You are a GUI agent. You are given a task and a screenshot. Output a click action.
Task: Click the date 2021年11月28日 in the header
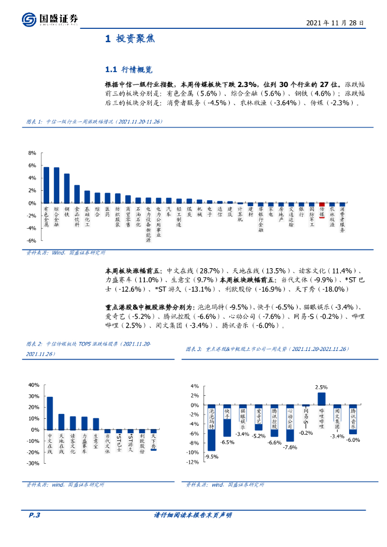(x=335, y=24)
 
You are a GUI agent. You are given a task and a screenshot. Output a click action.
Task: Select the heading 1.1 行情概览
(x=129, y=69)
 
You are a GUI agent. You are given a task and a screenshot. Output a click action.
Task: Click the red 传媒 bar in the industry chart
(x=322, y=204)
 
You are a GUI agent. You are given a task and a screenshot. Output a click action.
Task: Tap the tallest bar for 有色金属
(x=47, y=185)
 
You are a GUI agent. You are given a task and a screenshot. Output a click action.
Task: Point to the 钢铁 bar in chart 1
(x=67, y=189)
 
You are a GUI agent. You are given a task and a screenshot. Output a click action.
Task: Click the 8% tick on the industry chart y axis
(x=32, y=153)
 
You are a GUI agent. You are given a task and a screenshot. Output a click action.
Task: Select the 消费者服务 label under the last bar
(x=342, y=220)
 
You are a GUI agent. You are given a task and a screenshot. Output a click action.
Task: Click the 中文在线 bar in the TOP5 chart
(x=50, y=413)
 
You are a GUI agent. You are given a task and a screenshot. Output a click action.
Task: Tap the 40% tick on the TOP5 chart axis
(x=33, y=385)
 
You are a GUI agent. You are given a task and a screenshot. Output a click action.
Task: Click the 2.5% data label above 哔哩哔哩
(x=321, y=387)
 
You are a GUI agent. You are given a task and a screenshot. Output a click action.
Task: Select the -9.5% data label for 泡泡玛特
(x=212, y=457)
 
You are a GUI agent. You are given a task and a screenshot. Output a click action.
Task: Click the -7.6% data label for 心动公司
(x=290, y=447)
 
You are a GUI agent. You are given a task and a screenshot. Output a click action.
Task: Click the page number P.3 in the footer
(x=35, y=515)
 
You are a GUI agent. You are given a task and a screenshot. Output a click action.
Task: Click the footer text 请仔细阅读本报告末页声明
(x=193, y=515)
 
